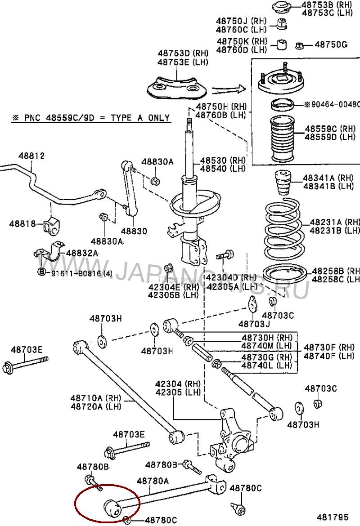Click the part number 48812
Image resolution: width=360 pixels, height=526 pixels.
pos(31,156)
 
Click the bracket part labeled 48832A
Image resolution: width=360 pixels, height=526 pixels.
pos(53,252)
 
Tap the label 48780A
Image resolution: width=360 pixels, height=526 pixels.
pos(153,481)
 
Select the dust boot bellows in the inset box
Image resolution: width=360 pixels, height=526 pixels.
pos(282,139)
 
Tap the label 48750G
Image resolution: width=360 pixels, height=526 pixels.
pos(331,45)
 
